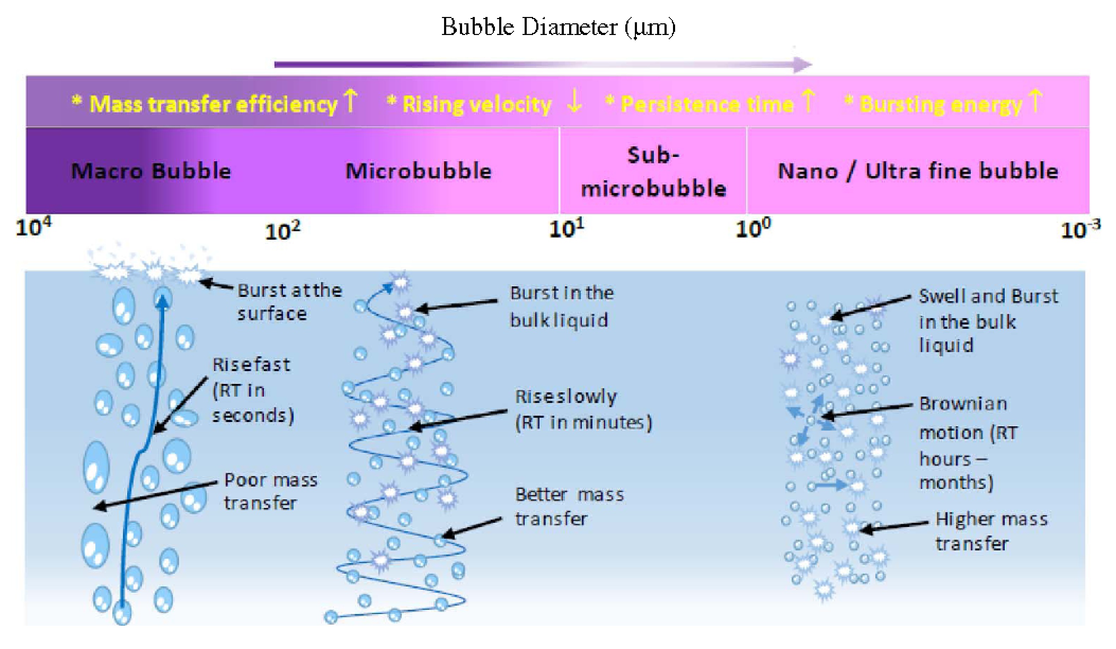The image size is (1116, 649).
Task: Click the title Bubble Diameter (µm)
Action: pos(559,28)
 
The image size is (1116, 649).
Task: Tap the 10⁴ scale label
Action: pos(33,227)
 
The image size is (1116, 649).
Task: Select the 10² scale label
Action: pos(283,231)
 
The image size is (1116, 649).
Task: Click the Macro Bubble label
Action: pos(151,171)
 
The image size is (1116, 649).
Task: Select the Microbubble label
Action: pos(419,171)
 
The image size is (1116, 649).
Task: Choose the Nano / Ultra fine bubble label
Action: pos(918,171)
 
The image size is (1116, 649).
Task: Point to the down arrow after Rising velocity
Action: pos(574,101)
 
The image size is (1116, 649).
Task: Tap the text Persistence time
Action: pos(707,105)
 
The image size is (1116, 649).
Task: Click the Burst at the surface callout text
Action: pos(290,302)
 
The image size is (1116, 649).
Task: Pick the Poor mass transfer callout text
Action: pos(271,491)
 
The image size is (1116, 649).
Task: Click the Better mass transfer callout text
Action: pos(569,506)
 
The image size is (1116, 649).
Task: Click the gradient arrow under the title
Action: pos(543,65)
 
